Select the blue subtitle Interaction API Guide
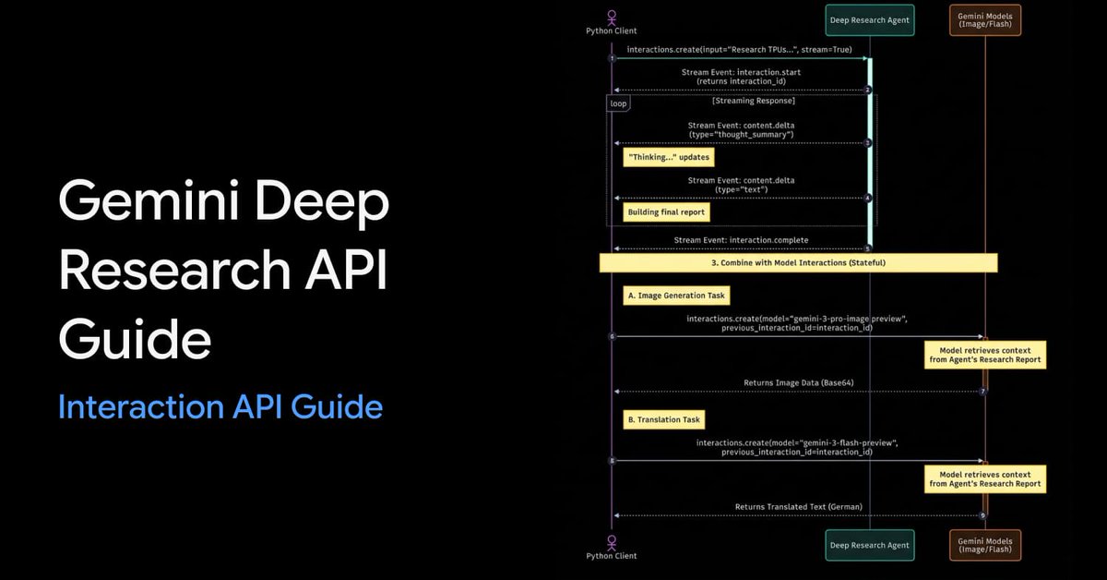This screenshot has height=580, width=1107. [x=220, y=406]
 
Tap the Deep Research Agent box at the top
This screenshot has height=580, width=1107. [x=869, y=20]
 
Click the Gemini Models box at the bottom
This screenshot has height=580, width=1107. [x=985, y=545]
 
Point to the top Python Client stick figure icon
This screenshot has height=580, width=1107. [x=611, y=17]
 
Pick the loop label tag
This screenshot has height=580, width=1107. [x=618, y=103]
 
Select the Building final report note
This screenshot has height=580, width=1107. [x=666, y=212]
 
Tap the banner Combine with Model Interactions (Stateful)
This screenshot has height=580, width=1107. [x=798, y=263]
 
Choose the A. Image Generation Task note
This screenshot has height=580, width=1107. [x=676, y=296]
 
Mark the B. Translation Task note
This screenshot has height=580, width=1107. [x=663, y=419]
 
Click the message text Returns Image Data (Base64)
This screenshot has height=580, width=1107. [x=798, y=382]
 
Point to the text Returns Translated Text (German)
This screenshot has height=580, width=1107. [x=798, y=507]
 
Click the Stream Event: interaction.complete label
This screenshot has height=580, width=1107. [x=741, y=240]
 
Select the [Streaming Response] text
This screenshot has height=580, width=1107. [x=753, y=101]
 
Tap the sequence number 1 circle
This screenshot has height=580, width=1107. [x=612, y=58]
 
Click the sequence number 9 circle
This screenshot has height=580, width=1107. [x=983, y=515]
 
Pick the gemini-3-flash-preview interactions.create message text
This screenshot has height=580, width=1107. [x=797, y=448]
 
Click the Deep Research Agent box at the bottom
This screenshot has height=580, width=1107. [x=869, y=545]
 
